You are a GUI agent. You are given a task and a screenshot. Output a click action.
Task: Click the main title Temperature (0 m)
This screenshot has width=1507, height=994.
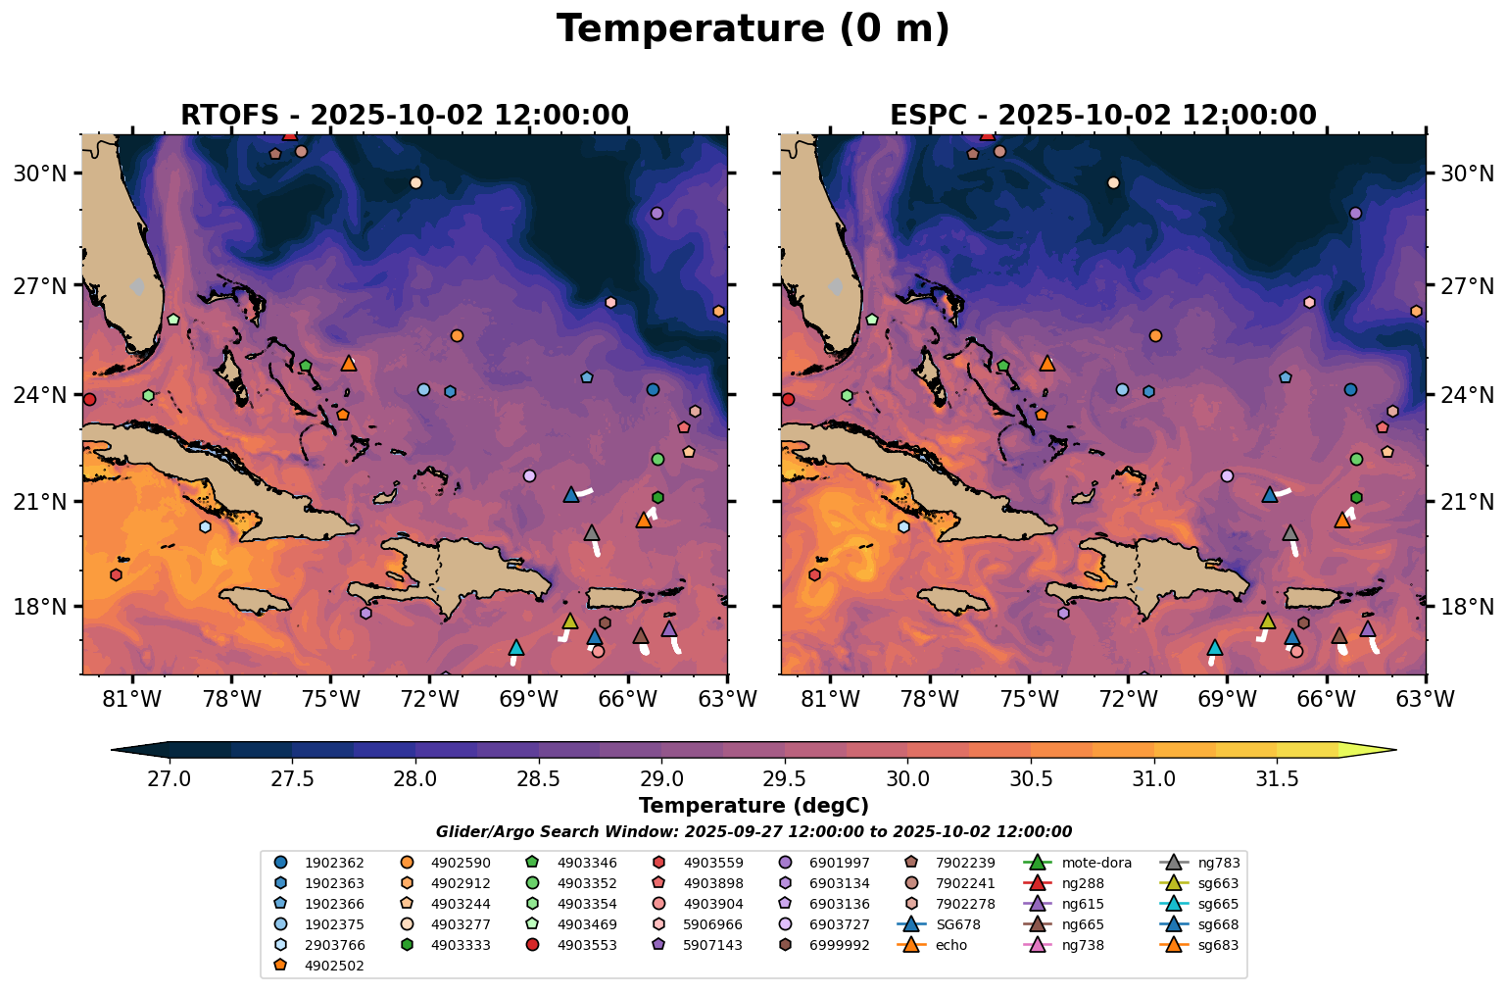tap(753, 29)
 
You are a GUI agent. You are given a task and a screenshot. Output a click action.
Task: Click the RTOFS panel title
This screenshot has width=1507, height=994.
tap(404, 116)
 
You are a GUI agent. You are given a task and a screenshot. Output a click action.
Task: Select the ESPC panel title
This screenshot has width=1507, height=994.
tap(1102, 116)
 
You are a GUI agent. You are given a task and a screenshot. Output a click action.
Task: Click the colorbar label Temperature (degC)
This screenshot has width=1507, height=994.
tap(753, 806)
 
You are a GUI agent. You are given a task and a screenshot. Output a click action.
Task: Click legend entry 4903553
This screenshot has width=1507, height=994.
tap(587, 946)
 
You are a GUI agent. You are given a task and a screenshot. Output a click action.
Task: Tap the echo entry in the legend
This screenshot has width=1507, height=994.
tap(950, 946)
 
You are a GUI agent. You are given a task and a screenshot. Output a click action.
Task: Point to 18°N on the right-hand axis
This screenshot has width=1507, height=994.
tap(1465, 607)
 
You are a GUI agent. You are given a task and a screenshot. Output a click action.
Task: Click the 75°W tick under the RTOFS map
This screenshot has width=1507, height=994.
tap(330, 700)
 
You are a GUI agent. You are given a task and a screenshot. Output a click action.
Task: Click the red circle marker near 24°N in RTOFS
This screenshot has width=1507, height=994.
tap(89, 399)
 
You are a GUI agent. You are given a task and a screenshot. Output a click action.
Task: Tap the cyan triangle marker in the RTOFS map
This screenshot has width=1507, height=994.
tap(516, 648)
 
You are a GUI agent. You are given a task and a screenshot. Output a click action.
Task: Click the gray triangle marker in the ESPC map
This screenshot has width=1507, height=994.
tap(1290, 533)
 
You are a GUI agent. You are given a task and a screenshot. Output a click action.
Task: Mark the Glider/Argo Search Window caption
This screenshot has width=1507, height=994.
tap(753, 832)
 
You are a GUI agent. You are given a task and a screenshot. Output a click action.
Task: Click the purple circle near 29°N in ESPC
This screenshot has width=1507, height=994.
tap(1355, 213)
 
